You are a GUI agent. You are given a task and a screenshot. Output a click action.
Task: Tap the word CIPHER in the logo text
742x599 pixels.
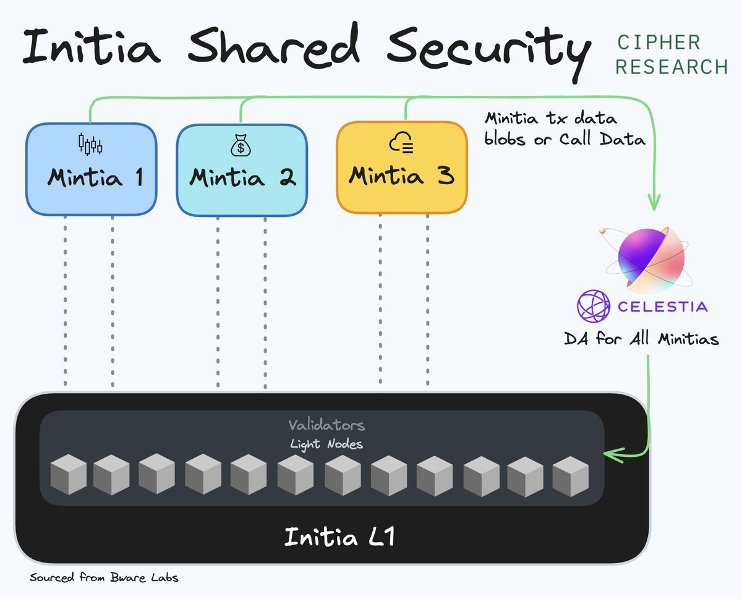pyautogui.click(x=658, y=42)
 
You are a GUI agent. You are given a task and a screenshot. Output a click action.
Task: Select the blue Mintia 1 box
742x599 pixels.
pyautogui.click(x=91, y=168)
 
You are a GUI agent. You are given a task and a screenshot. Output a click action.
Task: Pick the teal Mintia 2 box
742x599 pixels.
pyautogui.click(x=242, y=169)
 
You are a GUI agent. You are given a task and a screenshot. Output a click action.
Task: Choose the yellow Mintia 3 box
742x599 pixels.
pyautogui.click(x=401, y=167)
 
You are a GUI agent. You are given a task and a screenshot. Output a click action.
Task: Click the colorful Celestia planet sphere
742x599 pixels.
pyautogui.click(x=644, y=257)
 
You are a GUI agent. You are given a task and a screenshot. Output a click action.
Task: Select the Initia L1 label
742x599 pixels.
pyautogui.click(x=339, y=537)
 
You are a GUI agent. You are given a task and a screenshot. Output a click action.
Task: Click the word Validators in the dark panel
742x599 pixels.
pyautogui.click(x=326, y=425)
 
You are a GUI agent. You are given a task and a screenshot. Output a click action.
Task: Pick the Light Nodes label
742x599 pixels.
pyautogui.click(x=326, y=444)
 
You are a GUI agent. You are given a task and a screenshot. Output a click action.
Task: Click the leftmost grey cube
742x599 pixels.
pyautogui.click(x=67, y=475)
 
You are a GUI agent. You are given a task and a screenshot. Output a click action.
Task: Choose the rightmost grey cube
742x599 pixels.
pyautogui.click(x=570, y=476)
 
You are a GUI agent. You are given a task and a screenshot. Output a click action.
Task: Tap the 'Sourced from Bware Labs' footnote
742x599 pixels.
pyautogui.click(x=104, y=578)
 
